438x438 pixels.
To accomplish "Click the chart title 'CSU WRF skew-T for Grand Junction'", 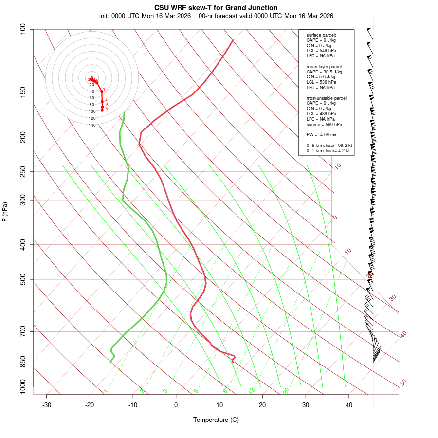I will (x=216, y=8).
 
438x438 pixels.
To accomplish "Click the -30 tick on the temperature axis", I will (x=47, y=405).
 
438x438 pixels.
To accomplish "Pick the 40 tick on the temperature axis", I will (x=349, y=405).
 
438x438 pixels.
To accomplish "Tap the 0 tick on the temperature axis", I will (x=176, y=405).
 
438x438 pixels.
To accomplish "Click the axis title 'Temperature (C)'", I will (x=216, y=420).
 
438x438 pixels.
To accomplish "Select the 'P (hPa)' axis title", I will (x=5, y=212).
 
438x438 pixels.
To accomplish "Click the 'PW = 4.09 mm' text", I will (x=322, y=134).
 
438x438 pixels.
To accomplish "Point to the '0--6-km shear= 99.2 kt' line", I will (x=329, y=146).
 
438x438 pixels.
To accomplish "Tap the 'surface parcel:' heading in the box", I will (x=321, y=35).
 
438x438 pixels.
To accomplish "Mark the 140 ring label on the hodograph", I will (x=92, y=125).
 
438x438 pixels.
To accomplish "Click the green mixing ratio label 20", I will (x=286, y=390).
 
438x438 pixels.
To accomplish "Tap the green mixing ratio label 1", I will (x=106, y=391).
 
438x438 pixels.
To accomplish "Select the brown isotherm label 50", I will (x=403, y=383).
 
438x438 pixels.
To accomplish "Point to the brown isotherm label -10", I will (x=337, y=166).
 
